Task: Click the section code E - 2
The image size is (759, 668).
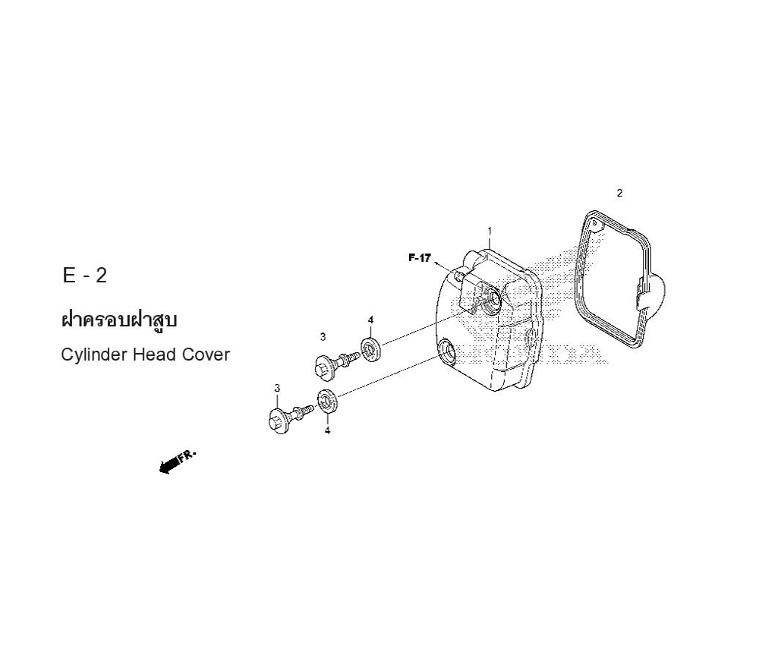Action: [85, 276]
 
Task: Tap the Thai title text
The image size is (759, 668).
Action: [119, 320]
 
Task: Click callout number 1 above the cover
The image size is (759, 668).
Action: [490, 231]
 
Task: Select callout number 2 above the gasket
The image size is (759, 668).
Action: [619, 193]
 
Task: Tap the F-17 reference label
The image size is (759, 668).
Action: [419, 258]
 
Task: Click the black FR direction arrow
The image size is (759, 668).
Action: [177, 462]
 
